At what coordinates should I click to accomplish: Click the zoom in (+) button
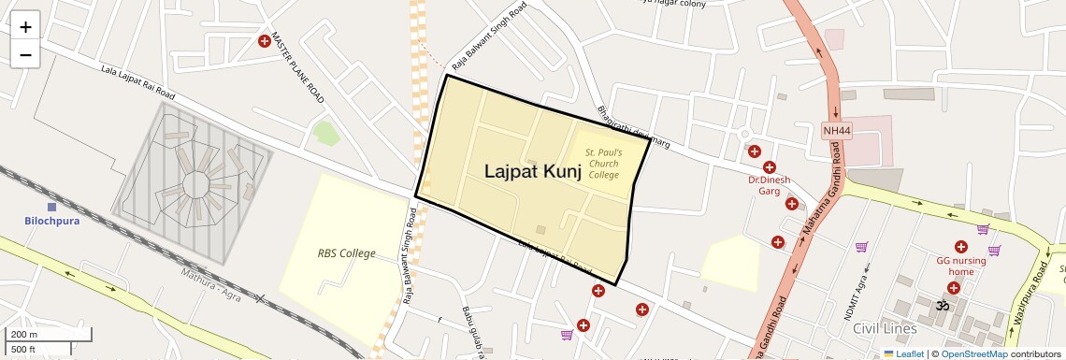coord(25,27)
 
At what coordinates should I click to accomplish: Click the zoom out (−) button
coord(25,55)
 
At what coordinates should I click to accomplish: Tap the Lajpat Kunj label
coord(532,171)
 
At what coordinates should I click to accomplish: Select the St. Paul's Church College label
coord(603,164)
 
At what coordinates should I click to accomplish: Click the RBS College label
coord(346,253)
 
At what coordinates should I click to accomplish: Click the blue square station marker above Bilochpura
coord(51,206)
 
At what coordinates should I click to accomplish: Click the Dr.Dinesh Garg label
coord(769,184)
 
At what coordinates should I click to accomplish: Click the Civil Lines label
coord(884,328)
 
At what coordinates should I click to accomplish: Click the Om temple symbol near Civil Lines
coord(943,305)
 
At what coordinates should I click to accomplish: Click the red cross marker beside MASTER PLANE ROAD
coord(265,41)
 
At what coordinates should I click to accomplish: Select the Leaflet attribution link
coord(903,353)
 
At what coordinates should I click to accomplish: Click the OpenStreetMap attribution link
coord(973,353)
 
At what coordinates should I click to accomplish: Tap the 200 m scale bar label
coord(25,334)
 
